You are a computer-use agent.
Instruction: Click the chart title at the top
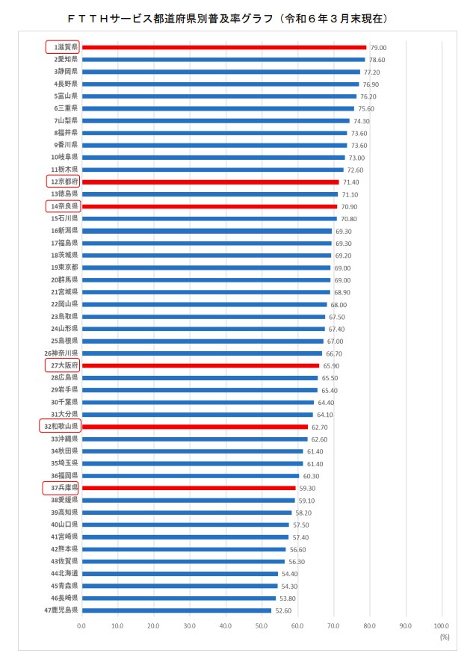tap(237, 16)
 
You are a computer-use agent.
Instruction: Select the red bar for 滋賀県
tap(223, 47)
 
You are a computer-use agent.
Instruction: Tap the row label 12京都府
tap(64, 182)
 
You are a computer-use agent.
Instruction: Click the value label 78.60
tap(377, 60)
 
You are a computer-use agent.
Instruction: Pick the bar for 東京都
tap(205, 267)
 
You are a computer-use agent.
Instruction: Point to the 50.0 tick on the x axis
tap(261, 625)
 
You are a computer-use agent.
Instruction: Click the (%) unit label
tap(445, 637)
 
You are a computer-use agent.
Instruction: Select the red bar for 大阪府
tap(200, 365)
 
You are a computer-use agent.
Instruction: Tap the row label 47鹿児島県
tap(61, 610)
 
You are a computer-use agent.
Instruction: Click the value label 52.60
tap(283, 610)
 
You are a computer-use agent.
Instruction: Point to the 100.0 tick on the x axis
tap(441, 625)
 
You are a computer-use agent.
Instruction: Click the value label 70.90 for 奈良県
tap(349, 206)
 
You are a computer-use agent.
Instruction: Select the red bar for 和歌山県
tap(194, 427)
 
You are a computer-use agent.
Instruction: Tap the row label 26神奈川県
tap(61, 353)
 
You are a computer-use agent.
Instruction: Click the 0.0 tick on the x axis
tap(81, 625)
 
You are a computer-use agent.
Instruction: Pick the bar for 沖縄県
tap(194, 439)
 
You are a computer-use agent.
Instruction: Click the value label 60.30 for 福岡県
tap(311, 476)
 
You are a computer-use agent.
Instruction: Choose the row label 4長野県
tap(64, 84)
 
